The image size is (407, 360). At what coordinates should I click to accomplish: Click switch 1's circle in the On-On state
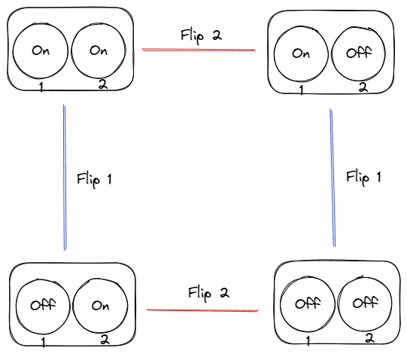point(14,51)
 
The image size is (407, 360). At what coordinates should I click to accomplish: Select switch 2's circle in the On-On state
point(71,51)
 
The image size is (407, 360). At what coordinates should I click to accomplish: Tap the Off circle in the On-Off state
point(332,53)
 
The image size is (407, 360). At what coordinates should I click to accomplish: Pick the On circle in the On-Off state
point(274,53)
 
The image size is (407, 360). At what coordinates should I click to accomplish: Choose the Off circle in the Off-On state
point(17,307)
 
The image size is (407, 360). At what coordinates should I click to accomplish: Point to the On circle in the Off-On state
point(73,306)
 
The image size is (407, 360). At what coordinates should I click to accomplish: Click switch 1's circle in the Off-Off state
point(281,304)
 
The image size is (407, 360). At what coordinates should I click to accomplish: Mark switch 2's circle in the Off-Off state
point(338,304)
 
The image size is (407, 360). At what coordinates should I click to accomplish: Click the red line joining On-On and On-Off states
point(199,50)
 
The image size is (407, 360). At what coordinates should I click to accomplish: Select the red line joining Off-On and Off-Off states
point(202,310)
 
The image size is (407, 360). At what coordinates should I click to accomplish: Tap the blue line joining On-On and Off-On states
point(65,177)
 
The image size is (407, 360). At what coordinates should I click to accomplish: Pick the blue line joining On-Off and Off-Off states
point(333,178)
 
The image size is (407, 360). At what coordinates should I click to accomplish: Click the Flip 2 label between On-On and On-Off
point(201,36)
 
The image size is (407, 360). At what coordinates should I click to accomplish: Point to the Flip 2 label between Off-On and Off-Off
point(208,294)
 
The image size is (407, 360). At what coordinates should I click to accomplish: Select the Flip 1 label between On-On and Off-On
point(95,179)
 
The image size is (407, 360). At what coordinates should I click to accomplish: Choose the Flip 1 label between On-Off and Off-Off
point(363,178)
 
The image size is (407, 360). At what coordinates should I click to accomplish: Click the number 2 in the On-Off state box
point(363,87)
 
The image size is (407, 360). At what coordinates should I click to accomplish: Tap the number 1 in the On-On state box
point(41,87)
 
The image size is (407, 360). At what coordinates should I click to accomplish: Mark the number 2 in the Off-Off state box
point(369,338)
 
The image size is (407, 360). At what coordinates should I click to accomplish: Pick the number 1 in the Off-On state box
point(44,343)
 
